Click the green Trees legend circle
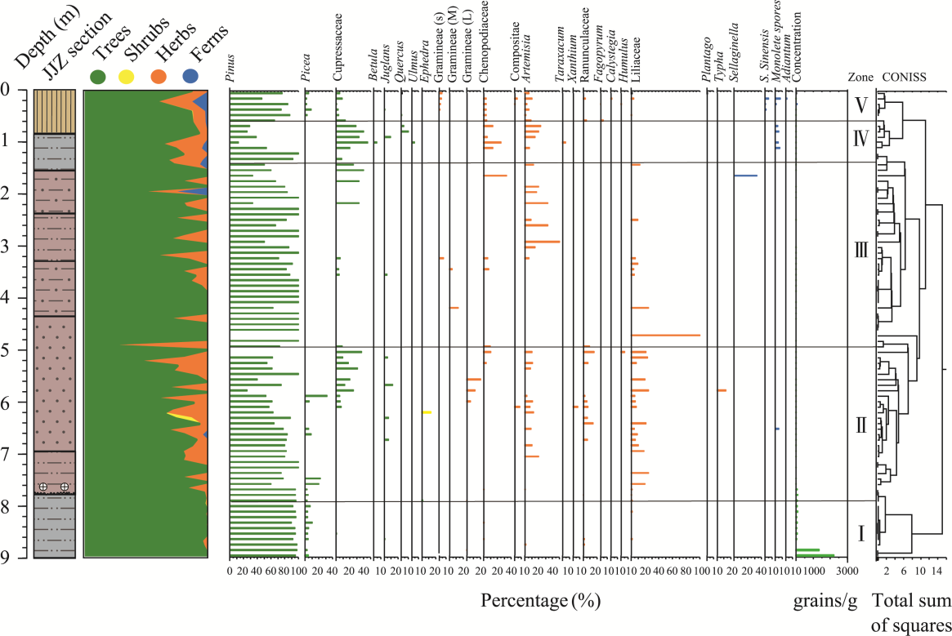[x=97, y=76]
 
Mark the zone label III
[x=860, y=251]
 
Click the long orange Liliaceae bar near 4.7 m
[x=666, y=336]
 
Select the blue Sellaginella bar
[x=745, y=176]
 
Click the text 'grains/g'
[x=825, y=602]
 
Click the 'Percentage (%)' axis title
[x=540, y=603]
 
